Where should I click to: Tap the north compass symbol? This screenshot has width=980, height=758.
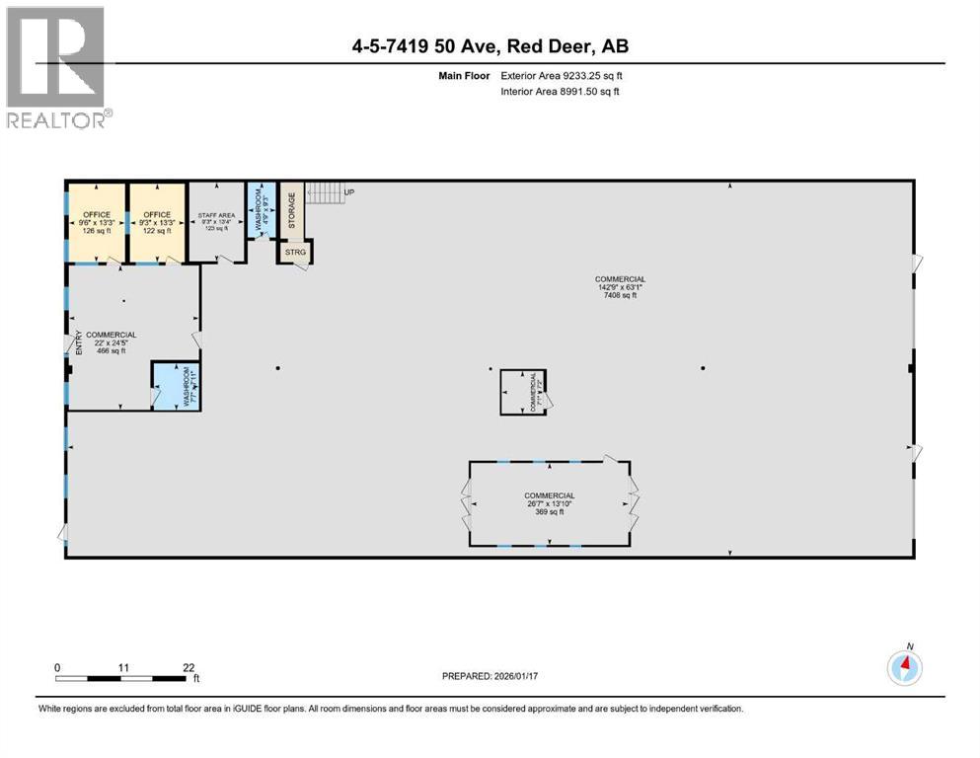click(905, 668)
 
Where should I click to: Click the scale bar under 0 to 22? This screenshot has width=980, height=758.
click(125, 679)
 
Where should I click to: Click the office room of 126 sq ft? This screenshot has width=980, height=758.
click(97, 222)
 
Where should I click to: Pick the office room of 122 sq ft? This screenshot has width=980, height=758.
click(157, 222)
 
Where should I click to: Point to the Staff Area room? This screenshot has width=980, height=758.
click(216, 222)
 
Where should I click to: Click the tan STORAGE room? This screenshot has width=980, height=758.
click(291, 209)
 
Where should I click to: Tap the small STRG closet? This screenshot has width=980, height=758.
click(296, 253)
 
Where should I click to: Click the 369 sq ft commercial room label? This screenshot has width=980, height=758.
click(549, 503)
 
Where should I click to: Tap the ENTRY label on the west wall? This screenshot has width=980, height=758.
click(79, 343)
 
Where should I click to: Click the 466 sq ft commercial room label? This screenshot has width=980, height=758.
click(111, 342)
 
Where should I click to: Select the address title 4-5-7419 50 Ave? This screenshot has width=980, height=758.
click(490, 46)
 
